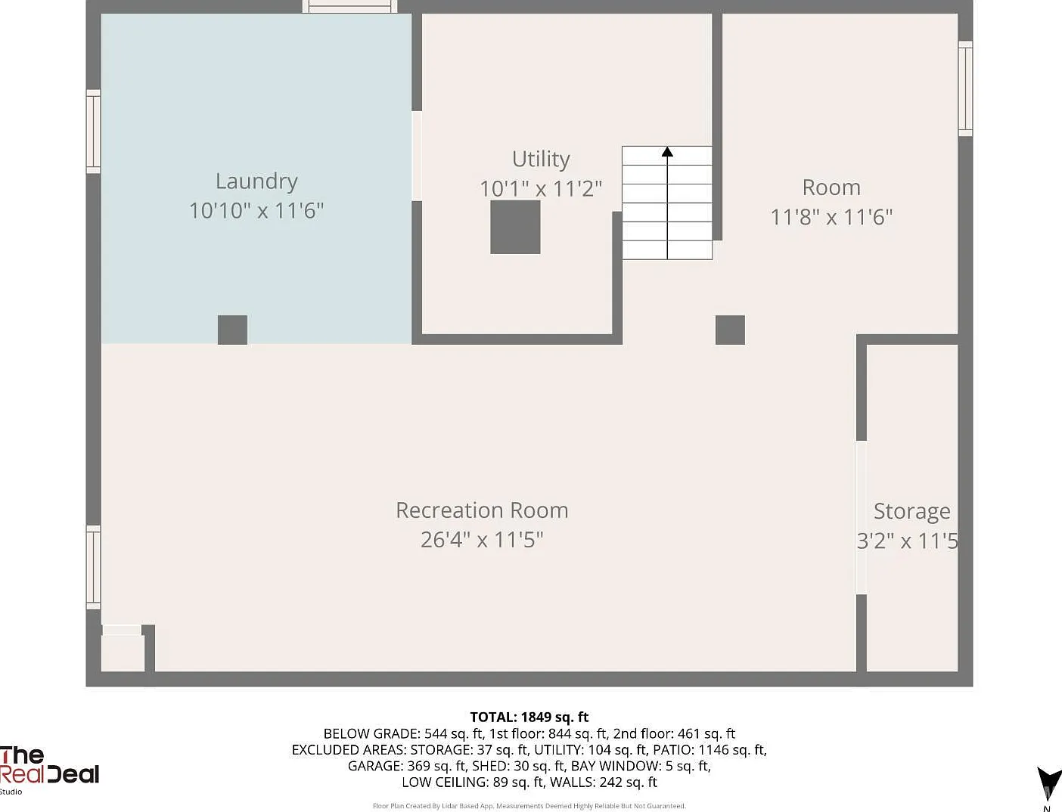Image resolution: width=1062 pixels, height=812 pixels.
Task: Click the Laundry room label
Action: [256, 182]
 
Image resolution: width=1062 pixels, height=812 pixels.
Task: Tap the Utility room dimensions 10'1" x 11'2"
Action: [540, 188]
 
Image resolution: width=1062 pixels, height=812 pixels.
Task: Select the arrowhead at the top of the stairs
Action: [667, 151]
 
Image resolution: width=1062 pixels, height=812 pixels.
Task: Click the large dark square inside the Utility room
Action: [515, 227]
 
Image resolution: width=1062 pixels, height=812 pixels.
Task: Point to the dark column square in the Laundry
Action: [232, 330]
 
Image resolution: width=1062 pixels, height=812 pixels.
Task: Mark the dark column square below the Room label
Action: [730, 330]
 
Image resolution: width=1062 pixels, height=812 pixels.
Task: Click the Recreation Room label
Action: [482, 510]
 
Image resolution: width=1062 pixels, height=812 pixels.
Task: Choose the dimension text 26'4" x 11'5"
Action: [482, 540]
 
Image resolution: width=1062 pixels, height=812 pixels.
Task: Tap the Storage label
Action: [912, 512]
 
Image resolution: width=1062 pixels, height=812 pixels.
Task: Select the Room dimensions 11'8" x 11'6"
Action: [831, 217]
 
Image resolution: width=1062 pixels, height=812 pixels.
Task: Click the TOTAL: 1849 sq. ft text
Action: [529, 717]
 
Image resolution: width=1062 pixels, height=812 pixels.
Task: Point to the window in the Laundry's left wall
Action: [93, 131]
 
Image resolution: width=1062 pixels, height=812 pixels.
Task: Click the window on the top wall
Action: [349, 6]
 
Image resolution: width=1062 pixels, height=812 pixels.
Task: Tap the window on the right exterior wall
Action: [965, 88]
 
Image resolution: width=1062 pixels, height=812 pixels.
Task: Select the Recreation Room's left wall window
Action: [93, 567]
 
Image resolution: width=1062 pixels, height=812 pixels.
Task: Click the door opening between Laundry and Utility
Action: [417, 156]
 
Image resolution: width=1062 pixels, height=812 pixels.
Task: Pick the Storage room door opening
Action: [862, 517]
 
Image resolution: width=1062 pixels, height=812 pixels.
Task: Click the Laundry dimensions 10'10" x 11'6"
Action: [256, 211]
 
